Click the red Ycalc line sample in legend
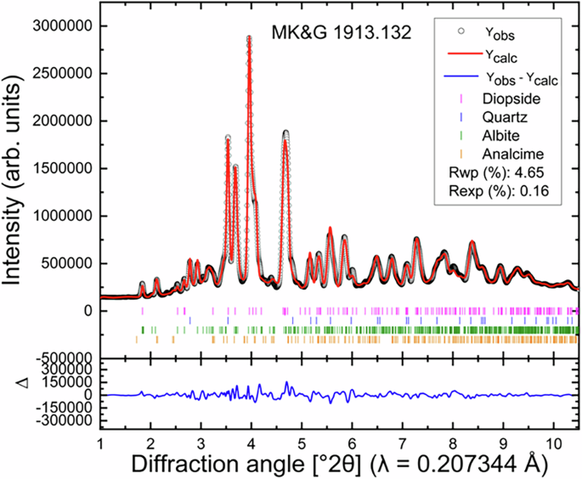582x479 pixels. pos(460,57)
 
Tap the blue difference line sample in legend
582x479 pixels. pos(460,80)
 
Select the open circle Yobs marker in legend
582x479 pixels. pos(460,32)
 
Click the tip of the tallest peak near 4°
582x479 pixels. pos(249,37)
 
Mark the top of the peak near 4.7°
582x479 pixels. pos(286,132)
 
